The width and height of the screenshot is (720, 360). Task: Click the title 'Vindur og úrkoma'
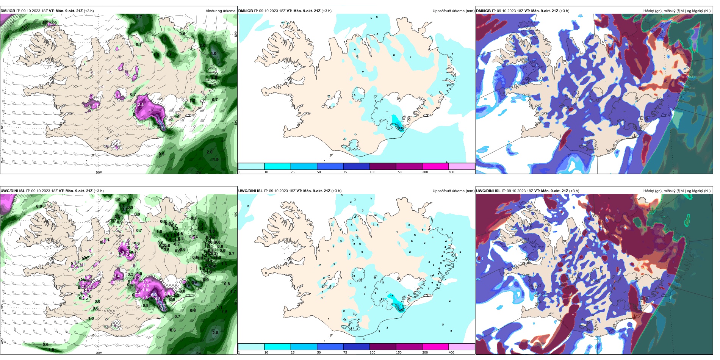click(220, 11)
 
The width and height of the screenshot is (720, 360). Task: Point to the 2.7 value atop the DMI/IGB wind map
click(139, 17)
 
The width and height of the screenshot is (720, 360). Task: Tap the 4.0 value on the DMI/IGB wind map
click(213, 53)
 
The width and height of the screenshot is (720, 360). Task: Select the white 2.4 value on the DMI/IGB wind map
click(141, 105)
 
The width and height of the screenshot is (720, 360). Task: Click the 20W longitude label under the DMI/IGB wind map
click(99, 172)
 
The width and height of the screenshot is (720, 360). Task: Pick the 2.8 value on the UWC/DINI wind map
click(215, 333)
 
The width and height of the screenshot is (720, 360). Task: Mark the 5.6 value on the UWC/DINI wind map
click(195, 283)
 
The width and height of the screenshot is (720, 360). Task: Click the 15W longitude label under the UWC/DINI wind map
click(198, 353)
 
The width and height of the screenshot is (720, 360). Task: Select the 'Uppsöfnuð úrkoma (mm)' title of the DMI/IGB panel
click(453, 11)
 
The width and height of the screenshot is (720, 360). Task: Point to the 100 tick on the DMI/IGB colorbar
click(373, 172)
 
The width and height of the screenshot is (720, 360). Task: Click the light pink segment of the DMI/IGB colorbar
click(462, 166)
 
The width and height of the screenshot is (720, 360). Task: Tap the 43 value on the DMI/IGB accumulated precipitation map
click(400, 128)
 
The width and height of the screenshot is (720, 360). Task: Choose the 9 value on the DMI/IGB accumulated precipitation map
click(355, 95)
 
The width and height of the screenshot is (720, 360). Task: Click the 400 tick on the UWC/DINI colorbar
click(451, 352)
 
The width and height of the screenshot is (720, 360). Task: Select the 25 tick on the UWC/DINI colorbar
click(293, 352)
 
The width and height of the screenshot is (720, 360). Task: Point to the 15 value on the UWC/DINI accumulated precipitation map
click(392, 296)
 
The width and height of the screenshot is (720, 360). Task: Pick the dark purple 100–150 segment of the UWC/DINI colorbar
click(382, 347)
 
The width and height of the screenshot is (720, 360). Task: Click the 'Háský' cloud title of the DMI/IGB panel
click(677, 11)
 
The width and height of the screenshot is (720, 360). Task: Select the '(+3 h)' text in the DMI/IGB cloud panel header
click(564, 11)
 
